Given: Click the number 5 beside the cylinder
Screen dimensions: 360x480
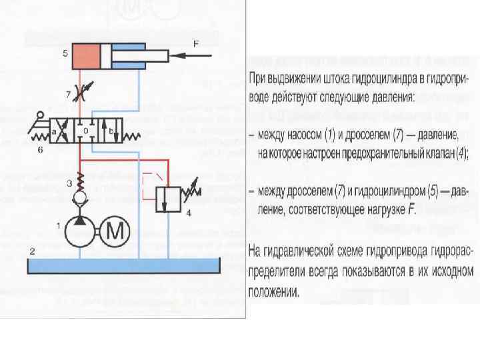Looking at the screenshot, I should tap(65, 52).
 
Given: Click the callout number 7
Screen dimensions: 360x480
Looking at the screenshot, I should tap(69, 88).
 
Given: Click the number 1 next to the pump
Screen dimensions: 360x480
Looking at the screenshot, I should tap(59, 226).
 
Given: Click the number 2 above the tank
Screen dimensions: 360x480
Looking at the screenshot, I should tap(31, 251).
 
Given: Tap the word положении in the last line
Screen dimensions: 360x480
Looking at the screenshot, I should tap(273, 291).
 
